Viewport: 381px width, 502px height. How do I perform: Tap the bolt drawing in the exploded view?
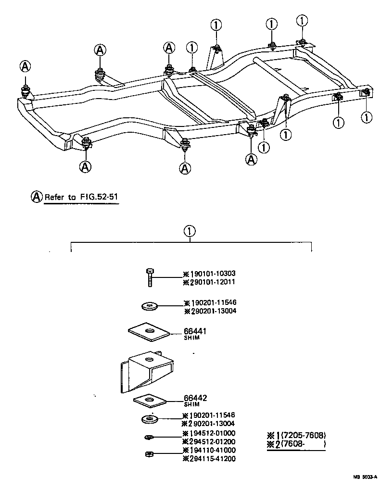point(150,277)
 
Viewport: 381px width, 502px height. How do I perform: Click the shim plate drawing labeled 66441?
point(149,332)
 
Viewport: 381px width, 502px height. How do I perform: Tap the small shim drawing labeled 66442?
point(150,400)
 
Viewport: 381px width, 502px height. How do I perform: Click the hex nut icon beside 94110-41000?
point(149,453)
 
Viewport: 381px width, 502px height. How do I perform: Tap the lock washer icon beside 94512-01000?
point(149,437)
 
